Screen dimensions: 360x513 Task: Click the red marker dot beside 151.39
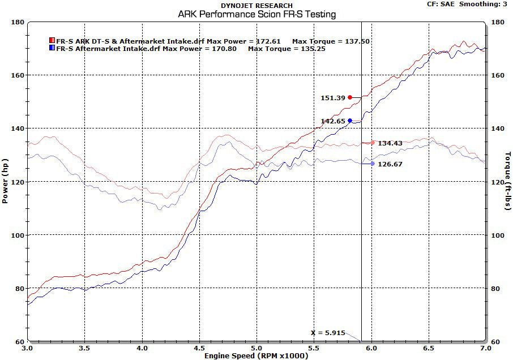(350, 97)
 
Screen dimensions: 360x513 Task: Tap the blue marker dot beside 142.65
(350, 121)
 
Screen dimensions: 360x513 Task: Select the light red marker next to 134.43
(372, 143)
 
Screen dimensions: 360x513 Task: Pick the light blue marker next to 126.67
(372, 164)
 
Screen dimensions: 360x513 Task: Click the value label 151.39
(332, 98)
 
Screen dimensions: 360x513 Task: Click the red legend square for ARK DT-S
(52, 41)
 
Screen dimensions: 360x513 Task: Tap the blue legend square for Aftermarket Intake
(52, 49)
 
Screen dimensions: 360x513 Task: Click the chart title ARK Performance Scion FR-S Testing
(256, 14)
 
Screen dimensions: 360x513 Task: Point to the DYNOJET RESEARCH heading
(256, 6)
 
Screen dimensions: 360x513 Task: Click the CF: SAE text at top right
(440, 4)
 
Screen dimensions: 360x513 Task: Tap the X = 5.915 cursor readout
(327, 333)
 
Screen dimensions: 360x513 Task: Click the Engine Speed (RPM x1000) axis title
(256, 355)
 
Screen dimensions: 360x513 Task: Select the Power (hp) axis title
(5, 181)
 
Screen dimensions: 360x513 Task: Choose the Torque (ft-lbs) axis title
(507, 181)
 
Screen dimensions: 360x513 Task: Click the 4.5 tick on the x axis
(199, 349)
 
